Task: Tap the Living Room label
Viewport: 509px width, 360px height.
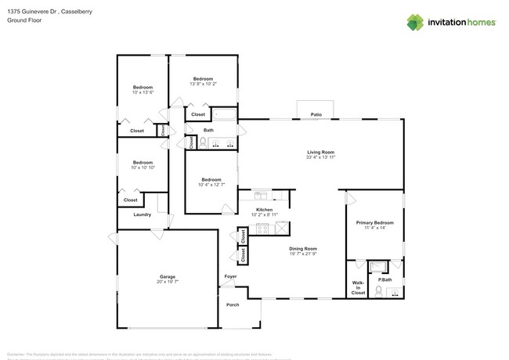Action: pyautogui.click(x=321, y=152)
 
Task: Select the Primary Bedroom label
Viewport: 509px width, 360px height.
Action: pyautogui.click(x=374, y=222)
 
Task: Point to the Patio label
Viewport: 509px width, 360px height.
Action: pyautogui.click(x=316, y=114)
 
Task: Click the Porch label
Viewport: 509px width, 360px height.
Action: pyautogui.click(x=233, y=304)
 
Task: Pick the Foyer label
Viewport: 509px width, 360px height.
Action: pyautogui.click(x=230, y=276)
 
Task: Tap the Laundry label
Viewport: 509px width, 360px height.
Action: pyautogui.click(x=143, y=214)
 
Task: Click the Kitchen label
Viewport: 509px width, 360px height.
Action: pyautogui.click(x=265, y=209)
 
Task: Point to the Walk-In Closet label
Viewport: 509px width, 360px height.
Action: pyautogui.click(x=358, y=287)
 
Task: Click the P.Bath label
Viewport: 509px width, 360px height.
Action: pyautogui.click(x=385, y=279)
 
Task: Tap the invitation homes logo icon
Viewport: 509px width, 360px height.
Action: pyautogui.click(x=417, y=22)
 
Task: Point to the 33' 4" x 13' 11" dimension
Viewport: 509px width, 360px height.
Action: pyautogui.click(x=321, y=157)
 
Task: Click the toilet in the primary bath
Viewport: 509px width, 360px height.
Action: pyautogui.click(x=378, y=291)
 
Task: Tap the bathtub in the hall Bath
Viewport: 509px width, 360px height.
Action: pyautogui.click(x=225, y=116)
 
